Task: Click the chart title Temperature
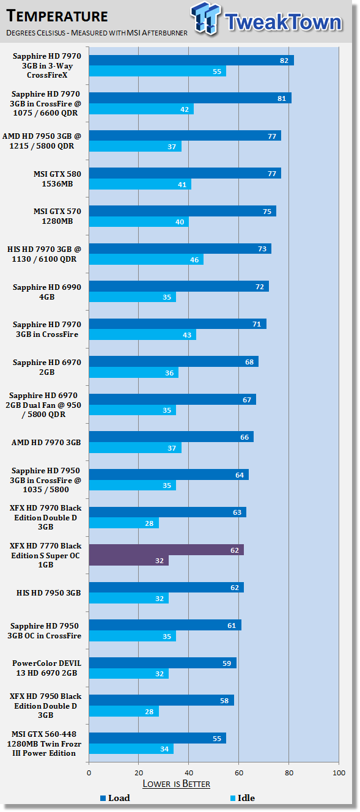(57, 17)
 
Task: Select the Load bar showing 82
(191, 60)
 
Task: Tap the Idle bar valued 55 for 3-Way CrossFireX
(158, 71)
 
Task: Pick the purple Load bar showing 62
(166, 550)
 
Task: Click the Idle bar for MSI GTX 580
(141, 184)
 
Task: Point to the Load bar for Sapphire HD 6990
(179, 286)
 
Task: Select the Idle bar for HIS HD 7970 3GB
(146, 259)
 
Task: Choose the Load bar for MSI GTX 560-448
(158, 738)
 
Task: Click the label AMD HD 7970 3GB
(46, 442)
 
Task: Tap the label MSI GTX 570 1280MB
(57, 216)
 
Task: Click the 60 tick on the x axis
(239, 772)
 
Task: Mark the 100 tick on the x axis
(339, 772)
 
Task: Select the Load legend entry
(115, 798)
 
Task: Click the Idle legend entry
(243, 798)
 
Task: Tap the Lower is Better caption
(176, 784)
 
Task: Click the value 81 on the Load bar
(282, 98)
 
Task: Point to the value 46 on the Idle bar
(194, 259)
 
